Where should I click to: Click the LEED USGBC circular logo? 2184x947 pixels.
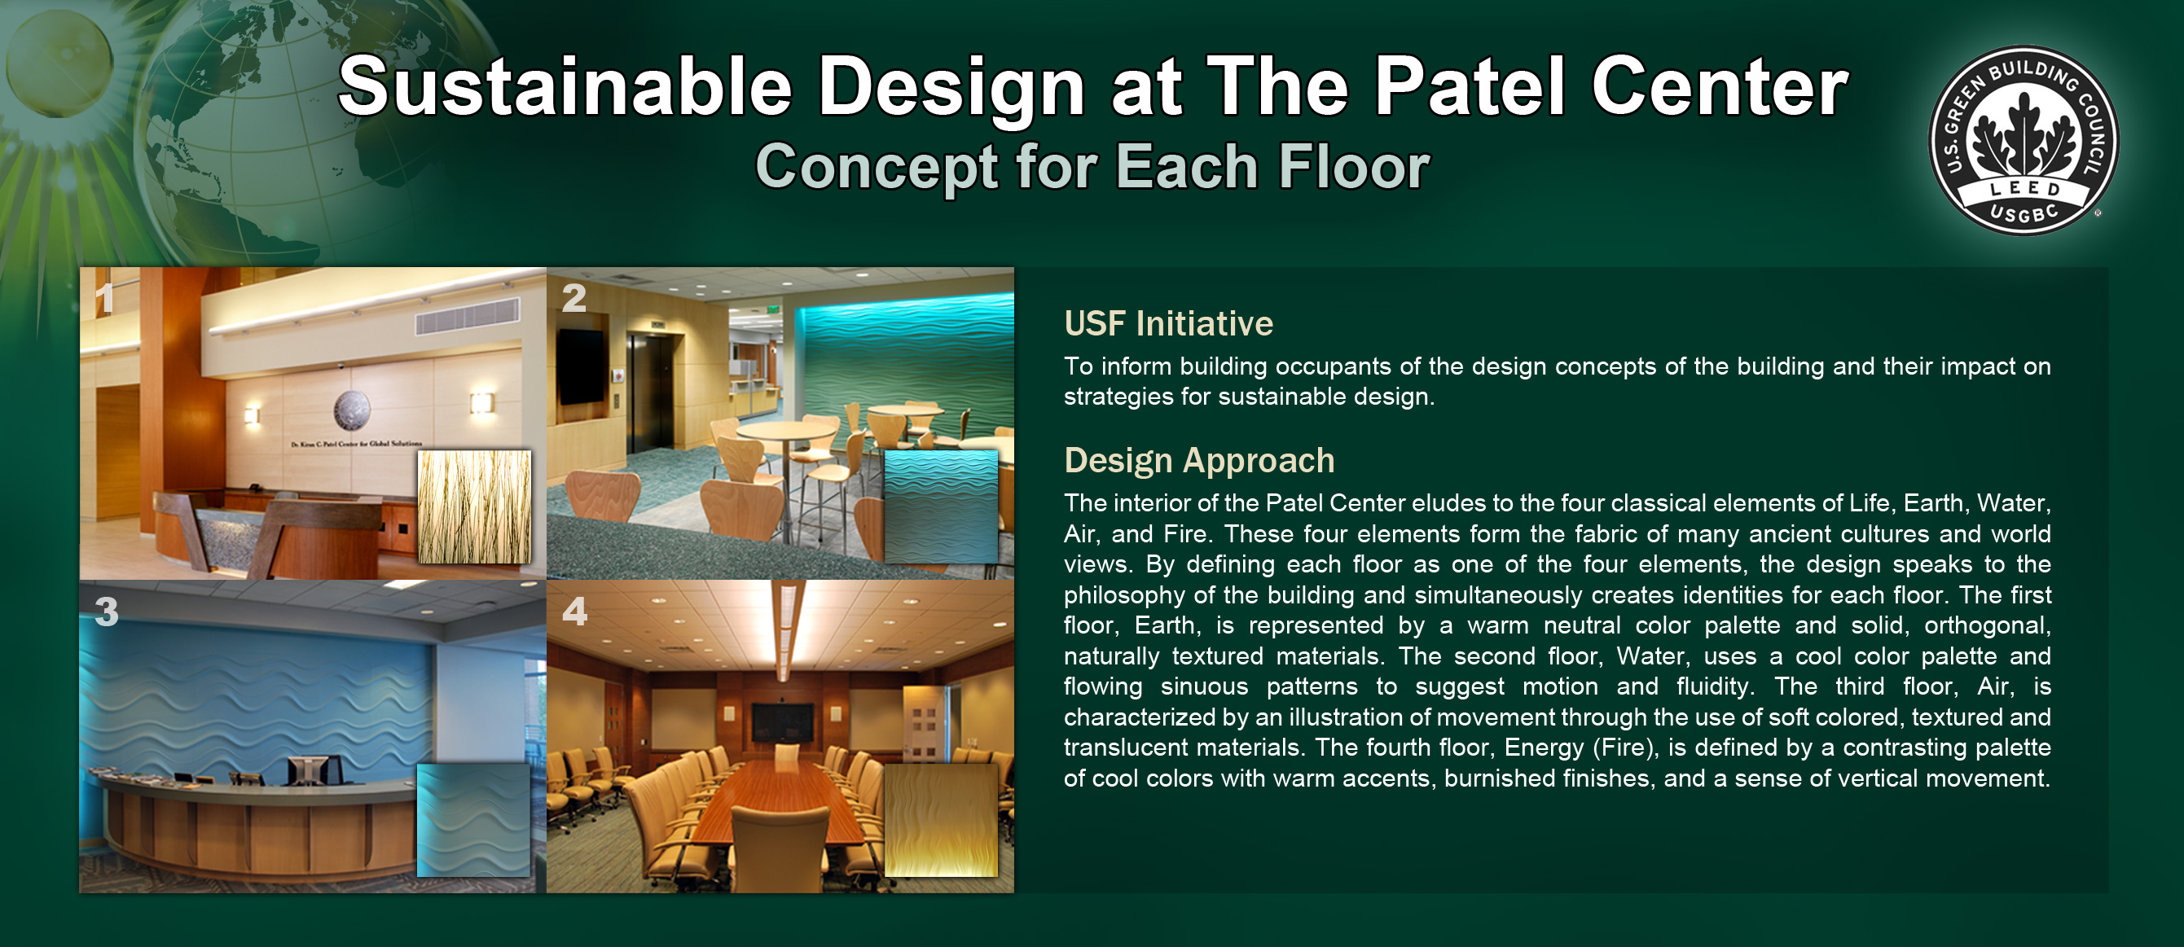coord(2023,141)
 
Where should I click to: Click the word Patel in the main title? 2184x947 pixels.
coord(1469,86)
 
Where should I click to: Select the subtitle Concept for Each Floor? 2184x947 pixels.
coord(1092,167)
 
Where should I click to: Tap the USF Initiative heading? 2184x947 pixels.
coord(1168,323)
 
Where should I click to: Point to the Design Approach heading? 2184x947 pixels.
coord(1199,460)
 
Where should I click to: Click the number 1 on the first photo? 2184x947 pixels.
coord(103,298)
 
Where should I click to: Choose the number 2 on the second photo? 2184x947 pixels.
coord(574,298)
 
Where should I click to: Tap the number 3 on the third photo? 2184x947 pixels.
coord(107,612)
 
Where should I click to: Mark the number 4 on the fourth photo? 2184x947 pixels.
coord(575,612)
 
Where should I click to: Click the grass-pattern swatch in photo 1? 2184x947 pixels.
coord(475,507)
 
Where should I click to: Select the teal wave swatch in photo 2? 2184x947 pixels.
coord(941,507)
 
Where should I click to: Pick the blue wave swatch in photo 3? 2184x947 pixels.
coord(474,821)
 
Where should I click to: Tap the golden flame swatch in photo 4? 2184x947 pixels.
coord(941,821)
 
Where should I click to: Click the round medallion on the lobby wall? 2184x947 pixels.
coord(351,411)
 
